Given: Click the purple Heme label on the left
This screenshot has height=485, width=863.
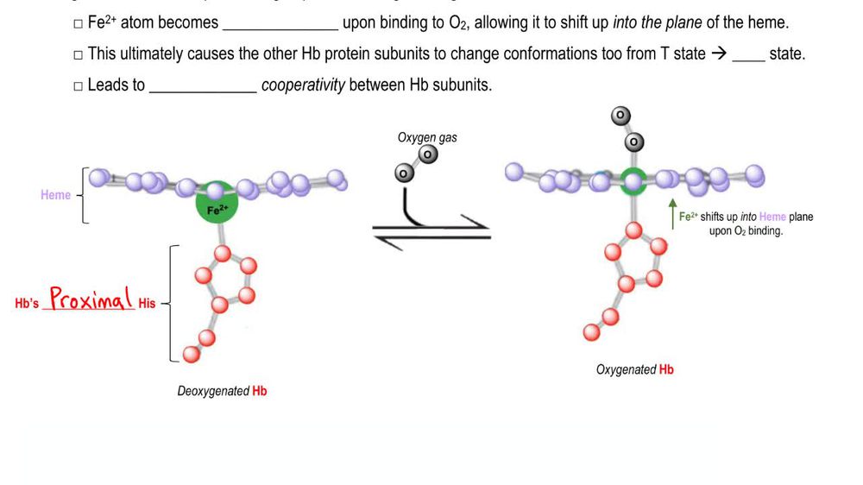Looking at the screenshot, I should pyautogui.click(x=55, y=195).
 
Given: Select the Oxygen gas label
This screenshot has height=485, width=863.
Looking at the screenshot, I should pyautogui.click(x=427, y=137).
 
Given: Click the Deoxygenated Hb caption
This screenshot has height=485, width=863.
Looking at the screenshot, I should pyautogui.click(x=222, y=391).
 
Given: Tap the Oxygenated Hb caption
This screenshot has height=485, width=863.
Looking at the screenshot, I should pyautogui.click(x=634, y=369).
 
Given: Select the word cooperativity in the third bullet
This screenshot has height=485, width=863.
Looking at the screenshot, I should pyautogui.click(x=303, y=85).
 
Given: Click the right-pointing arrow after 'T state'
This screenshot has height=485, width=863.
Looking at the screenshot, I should pyautogui.click(x=718, y=54).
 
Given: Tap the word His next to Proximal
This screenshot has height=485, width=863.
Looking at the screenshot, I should pyautogui.click(x=147, y=304).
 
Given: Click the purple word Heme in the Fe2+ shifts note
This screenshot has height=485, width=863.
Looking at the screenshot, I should pyautogui.click(x=772, y=217).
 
